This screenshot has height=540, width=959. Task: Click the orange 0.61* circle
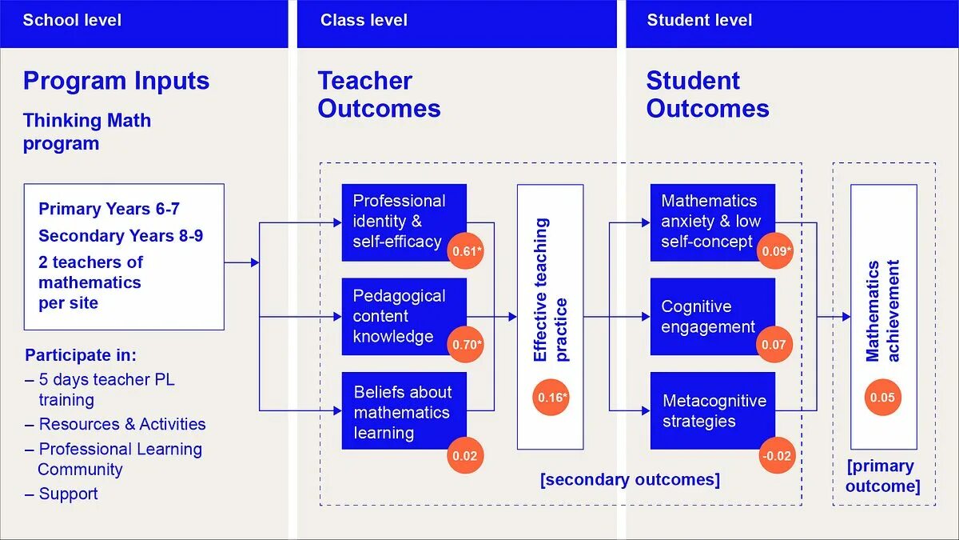click(466, 251)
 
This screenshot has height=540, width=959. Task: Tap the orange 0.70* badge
click(466, 346)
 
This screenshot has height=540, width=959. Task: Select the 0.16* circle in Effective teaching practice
click(551, 398)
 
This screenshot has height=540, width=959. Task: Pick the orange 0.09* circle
click(775, 251)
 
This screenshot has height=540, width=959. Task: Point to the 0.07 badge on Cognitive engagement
click(774, 346)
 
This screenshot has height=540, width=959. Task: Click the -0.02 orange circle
click(776, 456)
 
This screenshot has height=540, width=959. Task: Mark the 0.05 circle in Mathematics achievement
click(882, 398)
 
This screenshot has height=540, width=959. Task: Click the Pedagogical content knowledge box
click(400, 315)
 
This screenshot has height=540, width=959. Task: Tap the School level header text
click(72, 20)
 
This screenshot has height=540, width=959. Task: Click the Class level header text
click(364, 20)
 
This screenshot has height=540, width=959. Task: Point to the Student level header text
click(699, 20)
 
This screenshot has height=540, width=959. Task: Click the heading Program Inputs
click(116, 81)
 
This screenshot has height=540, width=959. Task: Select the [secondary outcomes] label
click(630, 479)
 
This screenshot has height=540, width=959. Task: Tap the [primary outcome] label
click(882, 476)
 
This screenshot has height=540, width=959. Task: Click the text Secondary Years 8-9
click(117, 235)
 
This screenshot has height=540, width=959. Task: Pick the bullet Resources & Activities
click(121, 424)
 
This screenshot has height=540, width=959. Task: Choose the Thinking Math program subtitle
click(86, 132)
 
